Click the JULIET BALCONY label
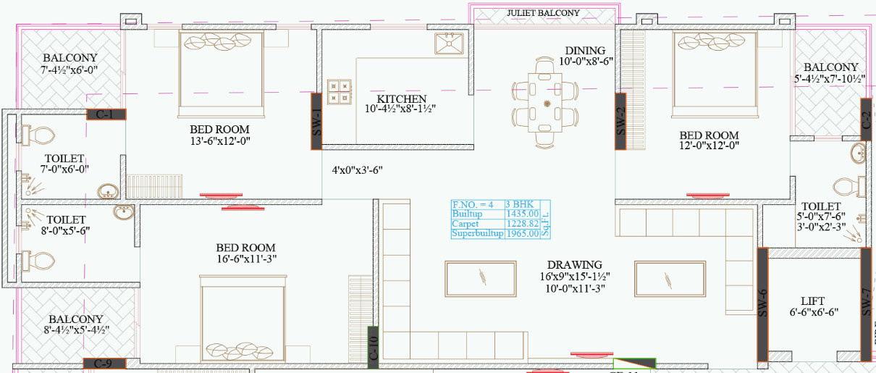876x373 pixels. (543, 13)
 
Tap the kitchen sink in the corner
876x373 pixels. (449, 44)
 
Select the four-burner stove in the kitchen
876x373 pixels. (340, 91)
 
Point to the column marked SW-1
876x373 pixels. (316, 121)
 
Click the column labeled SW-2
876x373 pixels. (620, 121)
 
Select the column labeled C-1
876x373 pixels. (106, 114)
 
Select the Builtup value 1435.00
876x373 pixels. (523, 214)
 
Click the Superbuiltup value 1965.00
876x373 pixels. (523, 234)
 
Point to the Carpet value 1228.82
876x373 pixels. (523, 224)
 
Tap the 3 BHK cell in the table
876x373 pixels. (520, 204)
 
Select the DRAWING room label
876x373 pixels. (574, 265)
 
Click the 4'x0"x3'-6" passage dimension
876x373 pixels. (357, 170)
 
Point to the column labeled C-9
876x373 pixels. (106, 363)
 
